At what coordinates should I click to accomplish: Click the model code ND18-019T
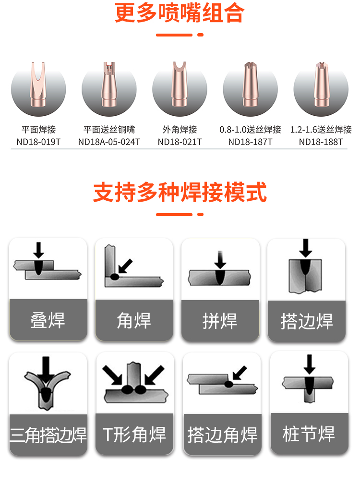(x=38, y=142)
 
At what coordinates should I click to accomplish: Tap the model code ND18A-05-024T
(x=109, y=142)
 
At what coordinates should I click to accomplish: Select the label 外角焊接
(x=180, y=129)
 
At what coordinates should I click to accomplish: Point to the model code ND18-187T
(x=251, y=142)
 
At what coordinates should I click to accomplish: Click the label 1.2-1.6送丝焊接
(x=321, y=129)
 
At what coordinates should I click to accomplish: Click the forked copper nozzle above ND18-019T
(x=38, y=85)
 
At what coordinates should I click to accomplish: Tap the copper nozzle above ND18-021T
(x=180, y=85)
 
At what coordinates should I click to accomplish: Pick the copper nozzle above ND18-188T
(x=321, y=85)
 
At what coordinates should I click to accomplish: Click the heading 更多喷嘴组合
(x=180, y=12)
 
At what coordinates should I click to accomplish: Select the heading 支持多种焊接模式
(x=180, y=192)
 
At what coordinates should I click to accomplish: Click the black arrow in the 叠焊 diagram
(x=39, y=250)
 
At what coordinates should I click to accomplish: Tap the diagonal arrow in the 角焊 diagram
(x=125, y=266)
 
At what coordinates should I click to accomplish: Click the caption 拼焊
(x=220, y=321)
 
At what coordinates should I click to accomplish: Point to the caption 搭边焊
(x=306, y=321)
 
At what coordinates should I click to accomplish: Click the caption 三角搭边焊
(x=48, y=435)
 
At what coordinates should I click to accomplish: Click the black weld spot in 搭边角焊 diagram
(x=228, y=385)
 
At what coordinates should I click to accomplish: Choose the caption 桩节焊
(x=309, y=434)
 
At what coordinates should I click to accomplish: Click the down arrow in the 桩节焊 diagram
(x=309, y=364)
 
